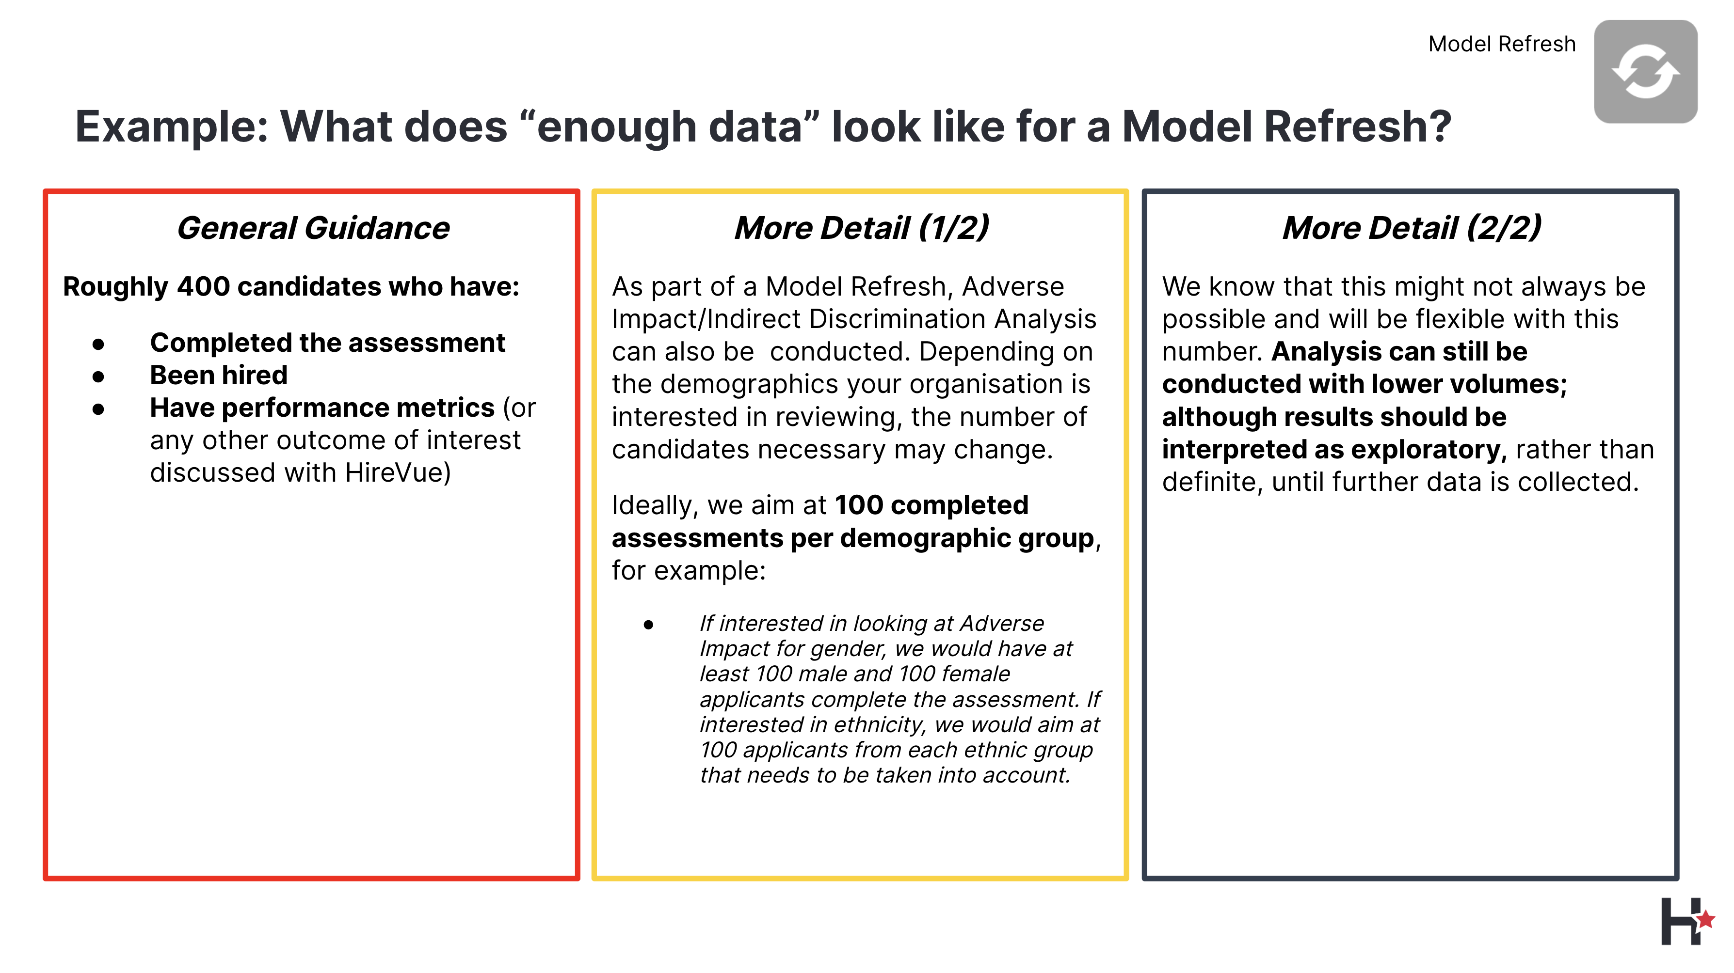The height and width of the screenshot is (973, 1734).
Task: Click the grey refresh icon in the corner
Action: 1645,71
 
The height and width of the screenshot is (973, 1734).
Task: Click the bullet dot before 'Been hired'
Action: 99,376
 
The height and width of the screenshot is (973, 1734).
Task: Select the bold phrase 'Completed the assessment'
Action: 327,343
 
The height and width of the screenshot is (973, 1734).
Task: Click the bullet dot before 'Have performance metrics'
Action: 99,408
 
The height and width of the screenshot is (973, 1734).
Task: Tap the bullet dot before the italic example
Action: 648,625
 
